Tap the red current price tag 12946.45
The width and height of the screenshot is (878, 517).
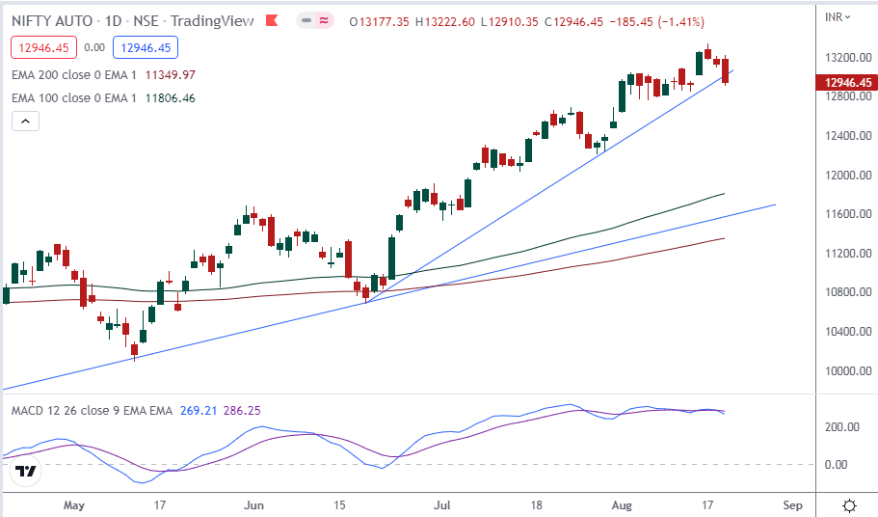tap(847, 83)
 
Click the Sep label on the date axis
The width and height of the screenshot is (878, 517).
tap(792, 504)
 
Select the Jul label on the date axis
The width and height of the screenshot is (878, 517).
tap(443, 504)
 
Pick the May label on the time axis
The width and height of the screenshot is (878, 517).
tap(73, 504)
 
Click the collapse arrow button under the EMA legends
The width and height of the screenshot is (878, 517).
tap(25, 122)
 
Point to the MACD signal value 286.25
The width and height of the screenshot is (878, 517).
tap(241, 410)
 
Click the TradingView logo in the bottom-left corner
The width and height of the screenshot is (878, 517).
tap(27, 472)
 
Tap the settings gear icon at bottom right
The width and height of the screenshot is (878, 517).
tap(850, 505)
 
